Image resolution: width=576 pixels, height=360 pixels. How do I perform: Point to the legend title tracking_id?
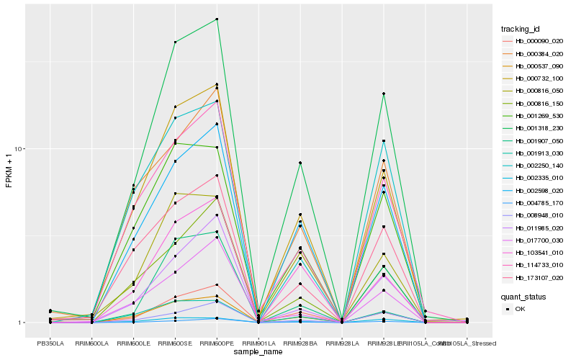click(x=521, y=29)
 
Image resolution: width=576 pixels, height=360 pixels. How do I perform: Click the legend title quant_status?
click(x=523, y=296)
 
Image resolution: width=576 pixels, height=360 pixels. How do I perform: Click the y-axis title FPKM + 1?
click(x=9, y=171)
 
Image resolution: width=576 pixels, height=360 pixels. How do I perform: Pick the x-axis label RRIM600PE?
click(x=217, y=343)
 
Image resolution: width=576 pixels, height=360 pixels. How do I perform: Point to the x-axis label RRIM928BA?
click(x=300, y=343)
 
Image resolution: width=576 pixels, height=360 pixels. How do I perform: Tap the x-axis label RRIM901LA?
click(x=258, y=343)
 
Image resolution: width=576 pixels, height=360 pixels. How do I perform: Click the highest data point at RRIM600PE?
click(x=217, y=19)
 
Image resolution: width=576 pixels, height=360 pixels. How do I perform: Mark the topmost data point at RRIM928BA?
click(x=300, y=163)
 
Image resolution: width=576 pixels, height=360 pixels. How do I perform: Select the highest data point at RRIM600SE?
click(x=175, y=42)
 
